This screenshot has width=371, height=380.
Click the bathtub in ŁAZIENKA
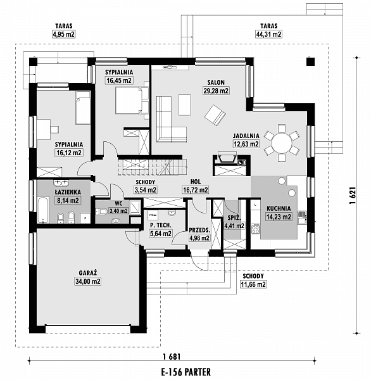pos(42,210)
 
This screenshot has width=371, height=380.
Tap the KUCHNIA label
pos(279,208)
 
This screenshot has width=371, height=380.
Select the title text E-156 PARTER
pos(185,372)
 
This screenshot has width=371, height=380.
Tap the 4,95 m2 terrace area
pos(61,34)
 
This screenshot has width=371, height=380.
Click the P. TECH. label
pos(161,225)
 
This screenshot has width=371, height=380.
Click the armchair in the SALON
pos(214,115)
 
